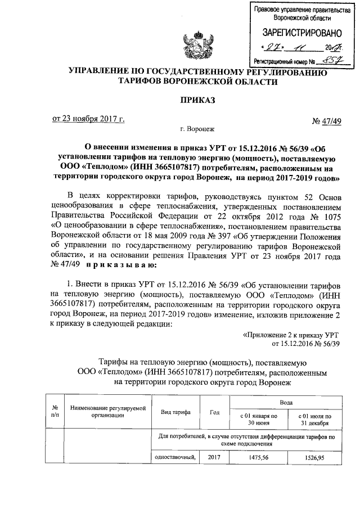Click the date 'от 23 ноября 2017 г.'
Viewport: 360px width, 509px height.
pos(88,119)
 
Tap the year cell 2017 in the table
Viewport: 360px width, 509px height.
pos(214,457)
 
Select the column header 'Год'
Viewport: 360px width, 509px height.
pos(214,412)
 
